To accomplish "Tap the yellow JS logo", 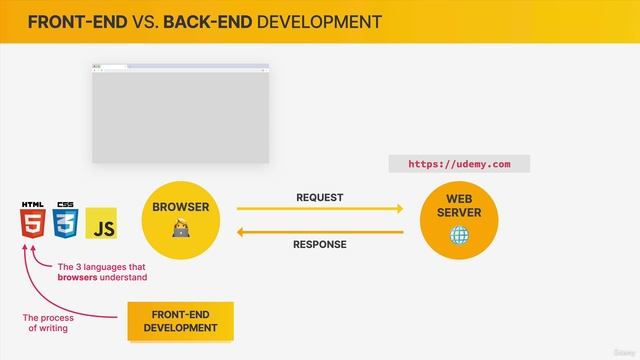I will [x=102, y=225].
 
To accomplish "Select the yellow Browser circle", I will [x=180, y=220].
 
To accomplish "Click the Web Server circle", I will [x=459, y=220].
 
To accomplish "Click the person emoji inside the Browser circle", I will [x=180, y=232].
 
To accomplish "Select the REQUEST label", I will [x=320, y=197].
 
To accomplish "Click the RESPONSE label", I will [x=320, y=244].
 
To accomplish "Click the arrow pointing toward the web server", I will [x=320, y=209].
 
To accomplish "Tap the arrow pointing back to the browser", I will [x=320, y=232].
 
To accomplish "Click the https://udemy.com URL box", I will [x=459, y=164].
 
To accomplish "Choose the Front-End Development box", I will [x=180, y=321].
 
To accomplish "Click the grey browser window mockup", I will [x=180, y=115].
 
